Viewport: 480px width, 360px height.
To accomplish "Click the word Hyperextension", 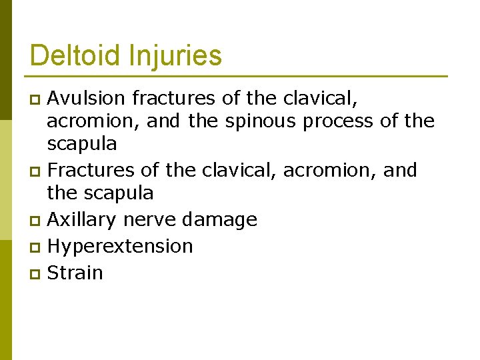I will [121, 246].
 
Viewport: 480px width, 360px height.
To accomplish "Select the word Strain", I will [75, 273].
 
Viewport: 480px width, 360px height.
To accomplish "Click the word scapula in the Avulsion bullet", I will [82, 144].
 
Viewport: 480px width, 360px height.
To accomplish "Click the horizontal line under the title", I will [239, 76].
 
